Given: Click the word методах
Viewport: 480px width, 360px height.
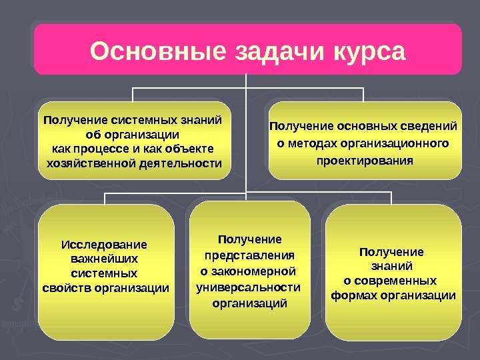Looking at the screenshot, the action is [312, 143].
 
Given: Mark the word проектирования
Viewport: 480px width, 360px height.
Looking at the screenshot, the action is [364, 161].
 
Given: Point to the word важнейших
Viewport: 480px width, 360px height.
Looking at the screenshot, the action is [104, 259].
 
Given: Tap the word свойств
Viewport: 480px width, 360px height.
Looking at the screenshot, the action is [68, 288].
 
